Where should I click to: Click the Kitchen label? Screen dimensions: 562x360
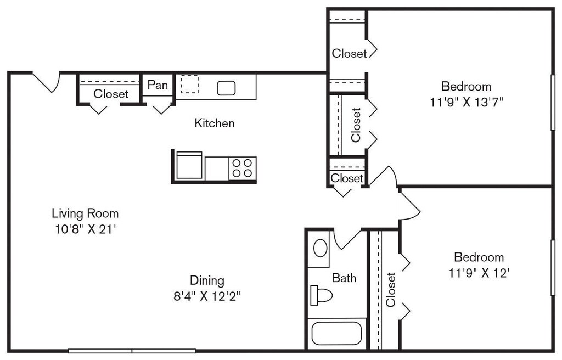(215, 123)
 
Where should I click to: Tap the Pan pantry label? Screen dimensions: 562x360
(158, 85)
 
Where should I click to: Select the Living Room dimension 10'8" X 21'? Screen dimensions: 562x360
(85, 229)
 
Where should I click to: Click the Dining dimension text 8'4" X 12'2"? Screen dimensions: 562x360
(207, 296)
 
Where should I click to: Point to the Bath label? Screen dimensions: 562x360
(344, 278)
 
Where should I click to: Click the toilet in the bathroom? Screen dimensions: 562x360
(321, 295)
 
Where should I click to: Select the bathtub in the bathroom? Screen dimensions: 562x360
(336, 334)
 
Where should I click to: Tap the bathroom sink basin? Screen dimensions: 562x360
(321, 248)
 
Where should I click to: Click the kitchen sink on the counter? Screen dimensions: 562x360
(226, 88)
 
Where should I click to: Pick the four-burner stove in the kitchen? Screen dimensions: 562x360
(242, 168)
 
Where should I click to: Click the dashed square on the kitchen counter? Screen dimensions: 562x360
(189, 85)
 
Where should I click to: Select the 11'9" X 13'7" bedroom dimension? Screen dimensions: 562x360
(467, 103)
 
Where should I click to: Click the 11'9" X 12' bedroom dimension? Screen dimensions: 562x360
(479, 273)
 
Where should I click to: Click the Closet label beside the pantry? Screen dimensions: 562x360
(111, 94)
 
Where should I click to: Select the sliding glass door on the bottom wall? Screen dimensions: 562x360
(132, 351)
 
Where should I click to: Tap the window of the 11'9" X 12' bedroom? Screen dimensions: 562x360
(553, 267)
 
